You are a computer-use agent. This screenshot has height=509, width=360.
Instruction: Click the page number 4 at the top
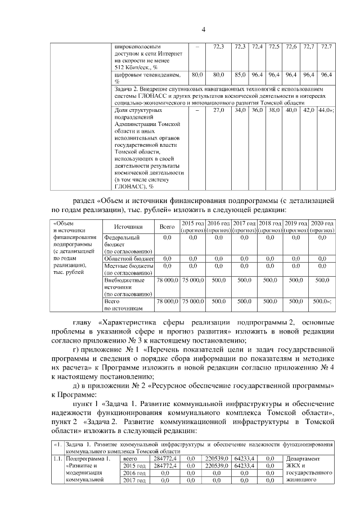click(x=204, y=30)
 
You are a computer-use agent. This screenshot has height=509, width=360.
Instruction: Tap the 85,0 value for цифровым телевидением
click(x=240, y=74)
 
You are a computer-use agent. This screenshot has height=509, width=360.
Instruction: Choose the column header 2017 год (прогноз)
click(x=244, y=227)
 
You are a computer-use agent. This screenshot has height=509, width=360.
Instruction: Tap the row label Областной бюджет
click(x=128, y=258)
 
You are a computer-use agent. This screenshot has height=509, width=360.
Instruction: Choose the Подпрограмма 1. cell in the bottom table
click(x=85, y=459)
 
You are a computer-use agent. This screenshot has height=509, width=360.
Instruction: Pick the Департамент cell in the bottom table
click(x=304, y=459)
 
